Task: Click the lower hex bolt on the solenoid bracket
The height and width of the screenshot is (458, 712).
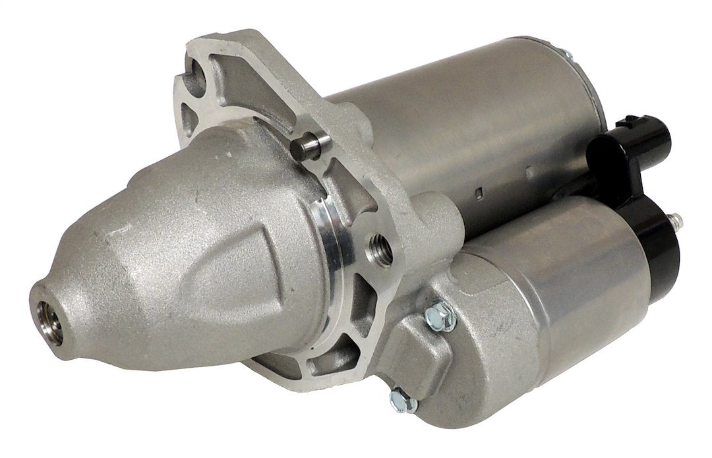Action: [x=399, y=398]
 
